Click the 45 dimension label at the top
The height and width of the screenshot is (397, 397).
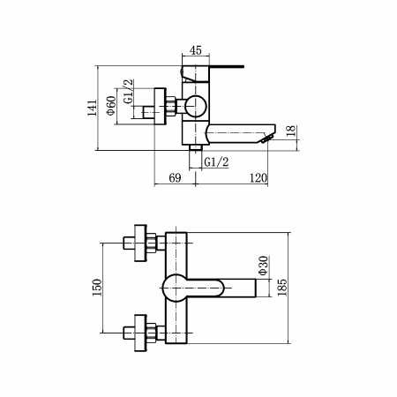[196, 50]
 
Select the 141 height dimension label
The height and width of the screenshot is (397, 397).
[92, 108]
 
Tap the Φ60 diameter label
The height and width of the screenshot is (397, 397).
[111, 106]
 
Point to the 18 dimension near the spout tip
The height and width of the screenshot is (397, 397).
[290, 131]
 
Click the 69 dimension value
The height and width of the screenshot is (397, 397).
[175, 177]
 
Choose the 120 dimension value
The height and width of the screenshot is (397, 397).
[258, 178]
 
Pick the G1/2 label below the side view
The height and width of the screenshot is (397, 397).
[216, 161]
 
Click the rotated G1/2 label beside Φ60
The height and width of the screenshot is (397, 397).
[128, 92]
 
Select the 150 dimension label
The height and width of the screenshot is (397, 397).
[97, 288]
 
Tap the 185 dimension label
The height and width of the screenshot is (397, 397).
[281, 288]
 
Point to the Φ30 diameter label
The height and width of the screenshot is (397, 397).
[263, 266]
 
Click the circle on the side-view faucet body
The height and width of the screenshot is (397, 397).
[195, 106]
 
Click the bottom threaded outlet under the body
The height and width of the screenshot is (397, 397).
[195, 147]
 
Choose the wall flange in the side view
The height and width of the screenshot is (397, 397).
[161, 107]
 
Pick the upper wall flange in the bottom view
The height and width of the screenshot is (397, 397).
[140, 243]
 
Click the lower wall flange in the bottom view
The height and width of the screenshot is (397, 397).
[140, 333]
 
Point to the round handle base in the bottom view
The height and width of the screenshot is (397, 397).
[176, 288]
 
